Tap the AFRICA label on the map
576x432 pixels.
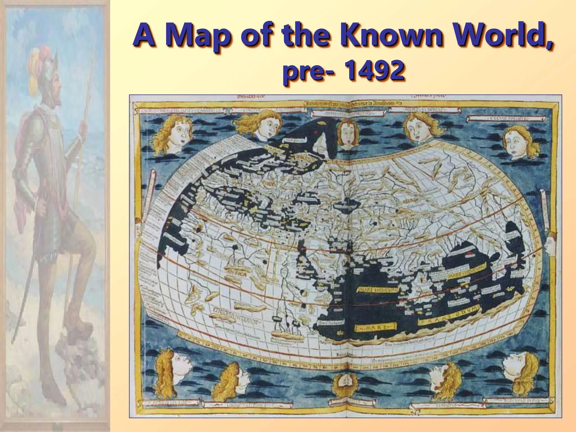[238, 273]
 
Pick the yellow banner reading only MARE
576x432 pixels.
[374, 327]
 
